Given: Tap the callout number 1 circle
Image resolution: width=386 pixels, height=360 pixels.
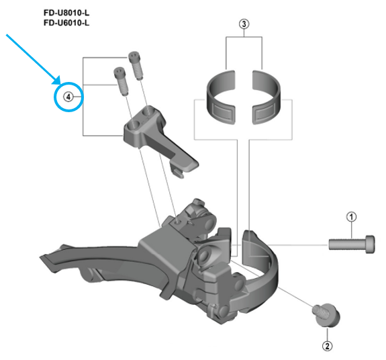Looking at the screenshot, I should (x=350, y=216).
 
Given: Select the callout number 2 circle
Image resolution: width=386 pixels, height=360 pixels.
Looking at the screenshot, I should (x=327, y=347).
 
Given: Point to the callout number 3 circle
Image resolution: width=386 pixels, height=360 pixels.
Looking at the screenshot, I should (x=244, y=25).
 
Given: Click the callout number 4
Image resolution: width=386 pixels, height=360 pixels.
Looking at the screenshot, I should (x=67, y=97).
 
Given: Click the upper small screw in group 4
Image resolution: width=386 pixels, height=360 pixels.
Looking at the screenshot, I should (x=135, y=63).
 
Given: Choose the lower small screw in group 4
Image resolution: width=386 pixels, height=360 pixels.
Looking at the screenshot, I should (x=121, y=79).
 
